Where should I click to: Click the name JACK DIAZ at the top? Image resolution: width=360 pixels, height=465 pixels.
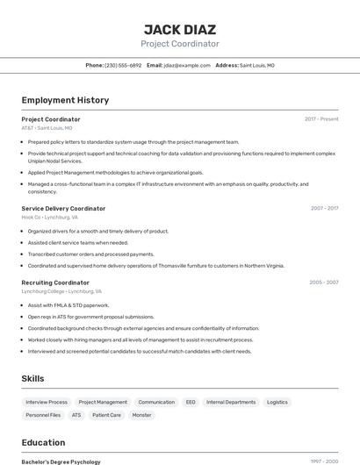point(180,29)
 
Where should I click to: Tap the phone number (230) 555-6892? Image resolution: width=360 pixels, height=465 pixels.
point(123,65)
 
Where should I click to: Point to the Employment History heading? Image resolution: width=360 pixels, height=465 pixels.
point(65,100)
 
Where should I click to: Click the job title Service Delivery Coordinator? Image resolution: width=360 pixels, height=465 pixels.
point(63,209)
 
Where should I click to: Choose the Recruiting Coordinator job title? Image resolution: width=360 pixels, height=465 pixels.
point(55,283)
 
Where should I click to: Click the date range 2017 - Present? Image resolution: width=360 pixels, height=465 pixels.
point(321,119)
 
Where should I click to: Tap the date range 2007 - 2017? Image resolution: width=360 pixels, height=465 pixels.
point(324,209)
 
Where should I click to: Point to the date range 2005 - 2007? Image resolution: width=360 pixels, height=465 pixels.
point(323,283)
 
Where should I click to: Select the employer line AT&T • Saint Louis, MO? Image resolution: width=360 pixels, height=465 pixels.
point(47,128)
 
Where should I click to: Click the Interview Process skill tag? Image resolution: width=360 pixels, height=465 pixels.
point(47,402)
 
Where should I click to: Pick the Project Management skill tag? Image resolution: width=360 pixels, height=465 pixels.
point(103,402)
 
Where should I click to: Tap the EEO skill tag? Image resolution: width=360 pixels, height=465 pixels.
point(191,402)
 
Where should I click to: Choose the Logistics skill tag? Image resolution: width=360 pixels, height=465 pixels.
point(277,402)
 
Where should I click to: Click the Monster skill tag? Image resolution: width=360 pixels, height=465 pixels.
point(141,415)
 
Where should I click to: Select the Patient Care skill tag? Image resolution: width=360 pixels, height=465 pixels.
point(106,415)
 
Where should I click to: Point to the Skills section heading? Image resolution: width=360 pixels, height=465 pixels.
point(33,378)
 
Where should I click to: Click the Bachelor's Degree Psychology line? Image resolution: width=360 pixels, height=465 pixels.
point(61,461)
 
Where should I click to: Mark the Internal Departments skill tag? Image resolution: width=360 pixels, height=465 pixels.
point(231,402)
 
